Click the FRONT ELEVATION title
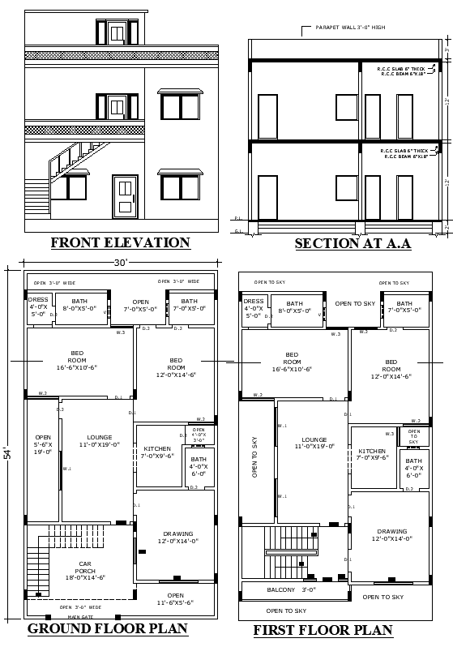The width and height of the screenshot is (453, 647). (120, 242)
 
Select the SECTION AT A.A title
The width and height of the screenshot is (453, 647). (353, 243)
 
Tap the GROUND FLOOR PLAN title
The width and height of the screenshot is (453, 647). (108, 628)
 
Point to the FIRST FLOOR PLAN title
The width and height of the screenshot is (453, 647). (323, 630)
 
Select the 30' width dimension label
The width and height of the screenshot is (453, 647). (120, 262)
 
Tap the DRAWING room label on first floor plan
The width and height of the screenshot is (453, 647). (392, 536)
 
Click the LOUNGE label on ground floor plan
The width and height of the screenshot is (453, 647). (99, 440)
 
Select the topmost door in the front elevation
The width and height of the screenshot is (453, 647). (117, 33)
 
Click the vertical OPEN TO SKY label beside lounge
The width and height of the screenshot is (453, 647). (254, 459)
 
